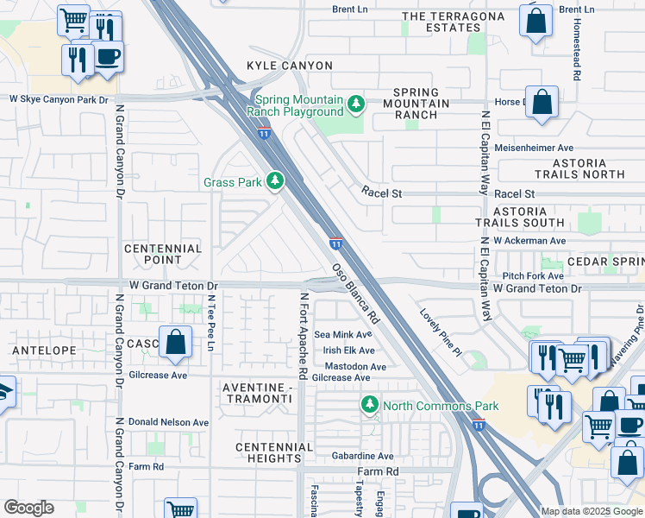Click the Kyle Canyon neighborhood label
(277, 66)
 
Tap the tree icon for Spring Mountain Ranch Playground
(355, 104)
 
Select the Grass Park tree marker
(274, 181)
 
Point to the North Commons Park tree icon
(369, 405)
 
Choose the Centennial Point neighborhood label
(164, 254)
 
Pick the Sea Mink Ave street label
(342, 334)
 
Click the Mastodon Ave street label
(354, 366)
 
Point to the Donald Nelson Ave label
(168, 422)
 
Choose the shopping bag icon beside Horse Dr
(543, 102)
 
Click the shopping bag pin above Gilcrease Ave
(175, 342)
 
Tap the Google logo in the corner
(28, 508)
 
